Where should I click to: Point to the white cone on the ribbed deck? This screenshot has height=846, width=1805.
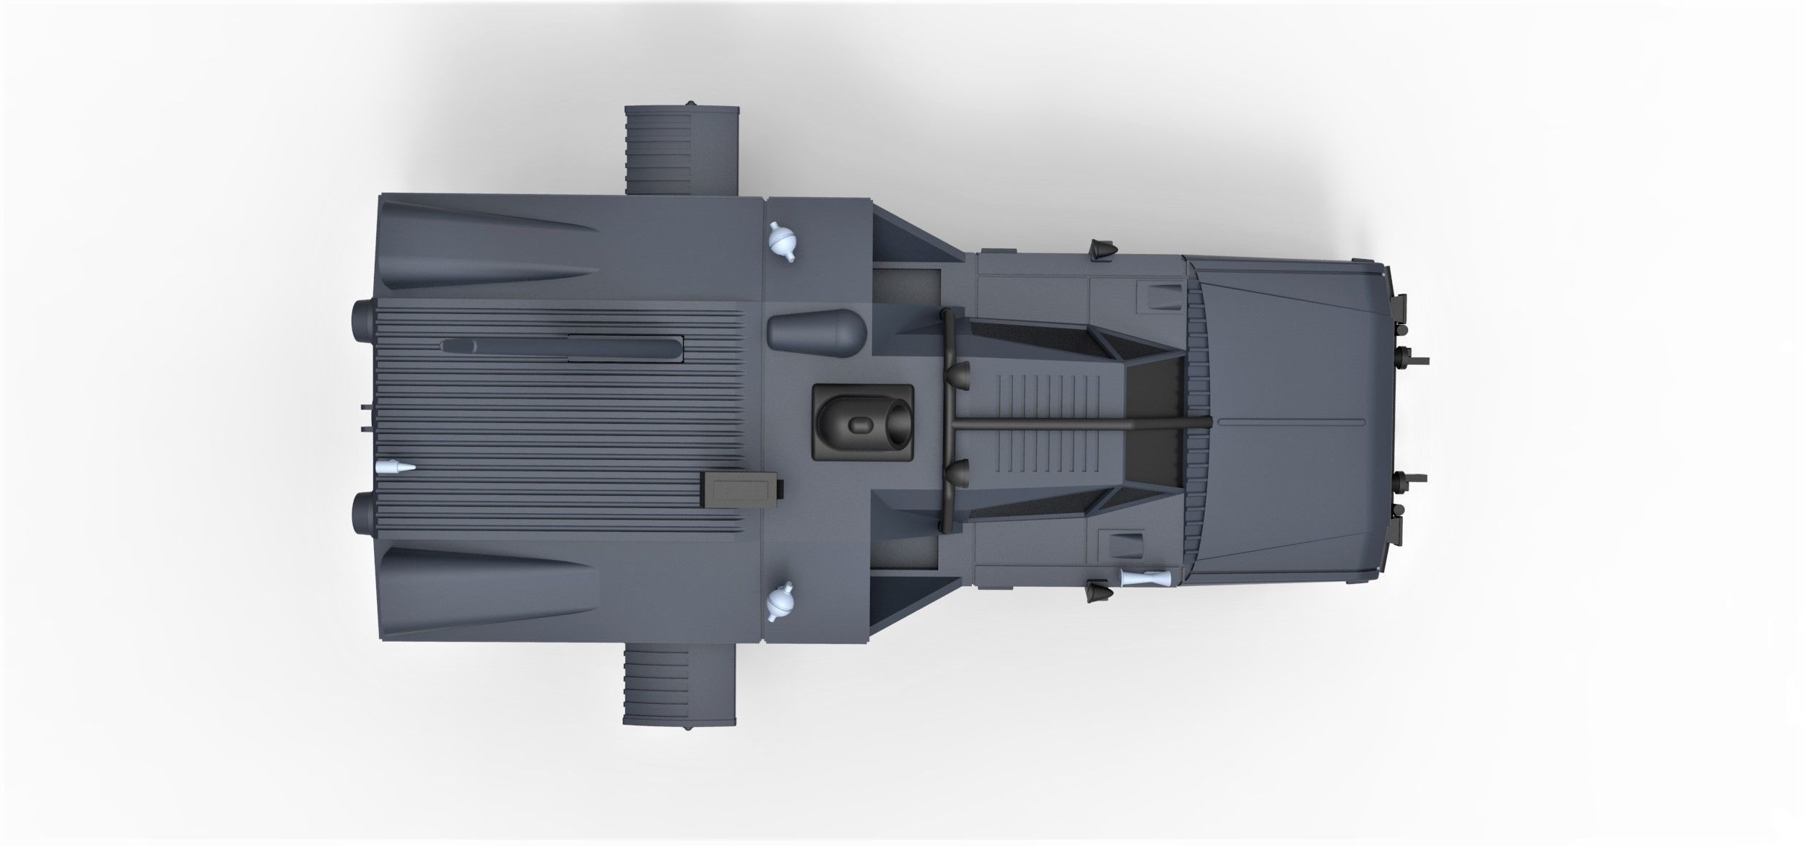tap(397, 468)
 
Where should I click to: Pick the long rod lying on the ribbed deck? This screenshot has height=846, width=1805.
tap(563, 349)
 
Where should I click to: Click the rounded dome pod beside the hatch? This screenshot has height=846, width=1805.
tap(816, 329)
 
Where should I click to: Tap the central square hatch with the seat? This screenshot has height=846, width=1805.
tap(863, 423)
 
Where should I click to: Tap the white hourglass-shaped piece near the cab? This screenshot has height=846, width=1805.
tap(1144, 578)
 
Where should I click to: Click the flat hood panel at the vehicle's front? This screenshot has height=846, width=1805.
tap(1292, 424)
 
